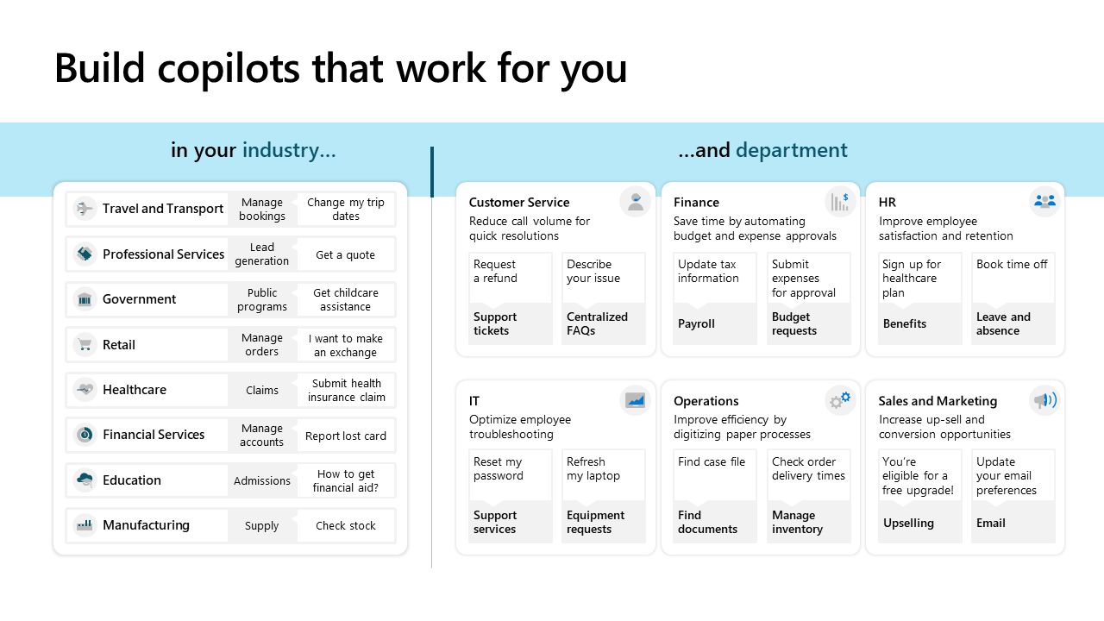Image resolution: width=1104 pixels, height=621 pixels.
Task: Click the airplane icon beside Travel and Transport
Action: tap(85, 209)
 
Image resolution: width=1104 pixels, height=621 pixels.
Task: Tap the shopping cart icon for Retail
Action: tap(85, 344)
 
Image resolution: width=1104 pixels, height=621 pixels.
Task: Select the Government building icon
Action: tap(85, 299)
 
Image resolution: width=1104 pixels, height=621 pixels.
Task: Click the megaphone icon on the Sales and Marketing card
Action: tap(1044, 400)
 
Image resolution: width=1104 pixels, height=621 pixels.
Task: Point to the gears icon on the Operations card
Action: tap(840, 399)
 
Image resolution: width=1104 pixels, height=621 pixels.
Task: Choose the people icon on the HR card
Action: tap(1044, 201)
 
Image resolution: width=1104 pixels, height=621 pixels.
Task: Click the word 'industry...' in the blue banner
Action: tap(289, 150)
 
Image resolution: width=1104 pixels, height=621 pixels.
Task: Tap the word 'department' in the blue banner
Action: tap(792, 150)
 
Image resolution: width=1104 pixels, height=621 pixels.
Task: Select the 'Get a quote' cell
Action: tap(346, 254)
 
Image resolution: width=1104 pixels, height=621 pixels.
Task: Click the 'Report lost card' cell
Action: tap(346, 436)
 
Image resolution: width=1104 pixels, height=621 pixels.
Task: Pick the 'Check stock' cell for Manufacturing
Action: tap(346, 525)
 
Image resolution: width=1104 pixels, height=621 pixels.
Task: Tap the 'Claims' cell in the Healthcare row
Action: tap(261, 391)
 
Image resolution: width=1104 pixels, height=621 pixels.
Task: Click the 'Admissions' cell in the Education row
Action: tap(261, 480)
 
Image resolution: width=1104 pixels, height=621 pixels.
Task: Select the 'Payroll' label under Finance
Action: tap(696, 323)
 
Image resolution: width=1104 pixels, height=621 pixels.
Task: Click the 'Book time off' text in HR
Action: tap(1012, 264)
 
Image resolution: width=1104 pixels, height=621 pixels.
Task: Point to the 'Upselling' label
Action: tap(908, 523)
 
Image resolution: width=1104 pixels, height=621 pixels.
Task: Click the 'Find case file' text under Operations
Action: tap(712, 461)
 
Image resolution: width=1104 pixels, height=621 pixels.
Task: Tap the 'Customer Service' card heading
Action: tap(519, 202)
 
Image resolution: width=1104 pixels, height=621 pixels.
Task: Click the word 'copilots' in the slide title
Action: tap(229, 68)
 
